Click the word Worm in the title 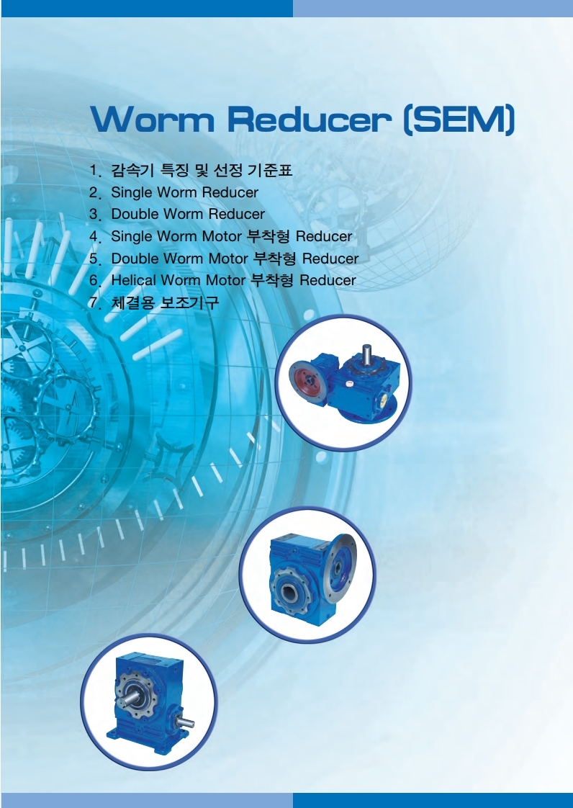(x=153, y=119)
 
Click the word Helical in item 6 (x=133, y=280)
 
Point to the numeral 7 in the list (x=94, y=302)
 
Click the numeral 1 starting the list (x=94, y=170)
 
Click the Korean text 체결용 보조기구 (x=165, y=302)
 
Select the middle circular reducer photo (x=307, y=575)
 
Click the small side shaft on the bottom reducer (x=184, y=722)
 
